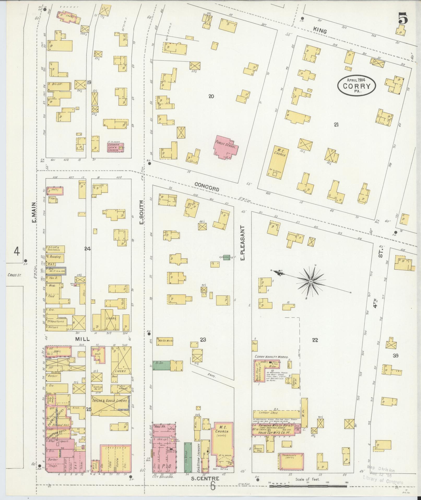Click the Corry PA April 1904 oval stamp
tap(357, 85)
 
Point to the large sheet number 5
tap(402, 19)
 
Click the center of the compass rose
tap(311, 281)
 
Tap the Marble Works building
tap(164, 341)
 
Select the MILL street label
tap(82, 339)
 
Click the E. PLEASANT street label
tap(242, 240)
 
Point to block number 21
tap(336, 125)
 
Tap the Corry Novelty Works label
tap(271, 357)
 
